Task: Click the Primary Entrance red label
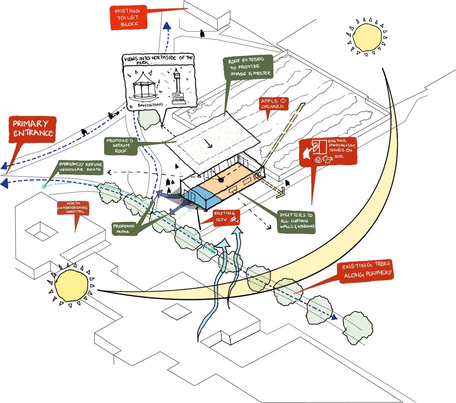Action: click(x=32, y=129)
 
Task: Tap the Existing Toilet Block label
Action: click(x=128, y=17)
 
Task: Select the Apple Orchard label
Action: click(x=273, y=103)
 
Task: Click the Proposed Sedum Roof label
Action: click(x=120, y=146)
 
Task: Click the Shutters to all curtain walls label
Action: click(x=296, y=221)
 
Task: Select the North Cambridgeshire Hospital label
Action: click(x=73, y=207)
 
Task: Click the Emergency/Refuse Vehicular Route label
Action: click(x=80, y=167)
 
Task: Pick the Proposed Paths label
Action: click(x=123, y=228)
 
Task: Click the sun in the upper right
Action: click(x=367, y=36)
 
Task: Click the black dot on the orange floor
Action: click(x=221, y=180)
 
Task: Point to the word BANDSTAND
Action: click(x=150, y=105)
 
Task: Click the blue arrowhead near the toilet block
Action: click(x=167, y=26)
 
